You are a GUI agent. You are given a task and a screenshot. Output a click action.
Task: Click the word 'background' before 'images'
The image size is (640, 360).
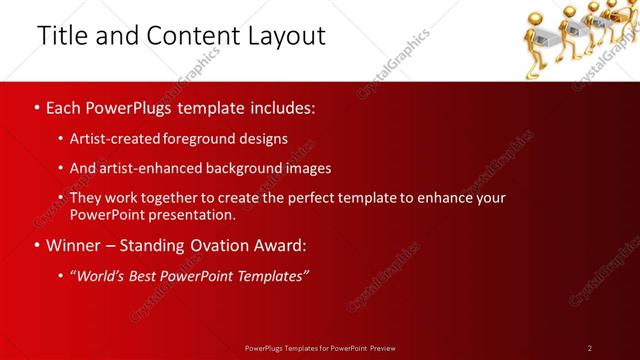coord(248,168)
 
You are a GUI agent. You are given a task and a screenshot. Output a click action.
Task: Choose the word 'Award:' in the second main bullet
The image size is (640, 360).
coord(279,245)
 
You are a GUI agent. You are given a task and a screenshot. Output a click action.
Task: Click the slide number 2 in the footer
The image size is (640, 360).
coord(590,347)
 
